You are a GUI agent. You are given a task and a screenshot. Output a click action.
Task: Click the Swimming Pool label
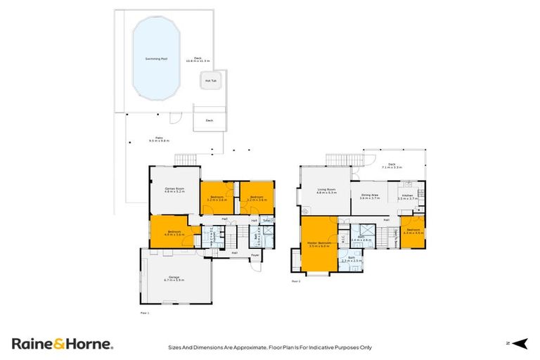click(155, 58)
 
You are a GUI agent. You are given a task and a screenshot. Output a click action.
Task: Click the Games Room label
click(174, 190)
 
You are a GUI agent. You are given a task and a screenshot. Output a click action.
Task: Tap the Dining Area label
click(370, 196)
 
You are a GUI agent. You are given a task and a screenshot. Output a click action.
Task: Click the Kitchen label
click(407, 197)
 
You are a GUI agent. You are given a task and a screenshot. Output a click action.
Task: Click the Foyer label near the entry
click(255, 255)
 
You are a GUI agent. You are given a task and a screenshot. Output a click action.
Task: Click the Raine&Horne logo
click(62, 344)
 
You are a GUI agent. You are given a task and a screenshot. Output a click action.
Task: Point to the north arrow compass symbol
click(519, 343)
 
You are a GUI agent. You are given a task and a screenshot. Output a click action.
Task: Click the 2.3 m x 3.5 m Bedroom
click(413, 231)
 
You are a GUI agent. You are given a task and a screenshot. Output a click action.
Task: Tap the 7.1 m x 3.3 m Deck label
click(392, 167)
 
